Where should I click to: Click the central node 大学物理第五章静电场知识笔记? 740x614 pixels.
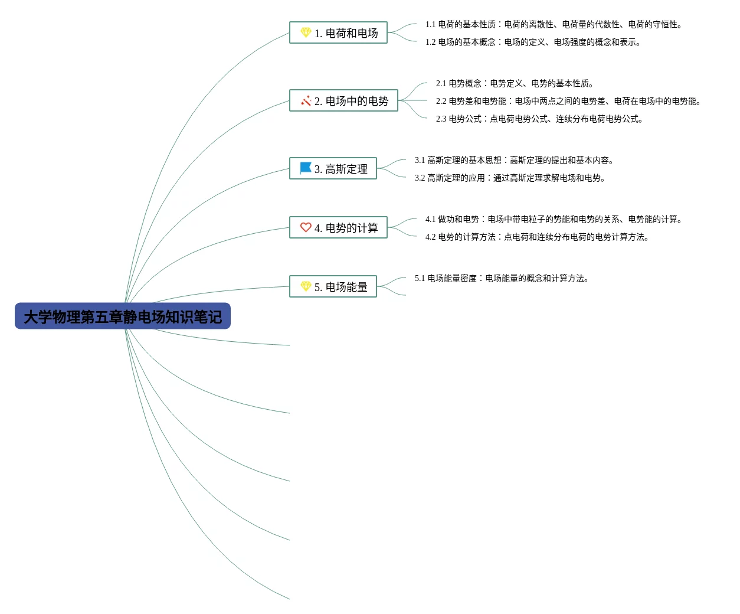pyautogui.click(x=122, y=316)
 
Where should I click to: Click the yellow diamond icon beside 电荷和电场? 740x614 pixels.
pyautogui.click(x=306, y=32)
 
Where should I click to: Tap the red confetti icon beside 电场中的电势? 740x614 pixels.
pyautogui.click(x=306, y=100)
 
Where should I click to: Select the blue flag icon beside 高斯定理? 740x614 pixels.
pyautogui.click(x=306, y=168)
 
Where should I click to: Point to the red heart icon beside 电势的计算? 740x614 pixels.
pyautogui.click(x=306, y=227)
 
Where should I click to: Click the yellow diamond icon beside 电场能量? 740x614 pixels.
pyautogui.click(x=306, y=286)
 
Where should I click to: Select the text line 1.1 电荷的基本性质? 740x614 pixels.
pyautogui.click(x=554, y=25)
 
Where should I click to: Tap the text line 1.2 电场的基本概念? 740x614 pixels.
pyautogui.click(x=533, y=43)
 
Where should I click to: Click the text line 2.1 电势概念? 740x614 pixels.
pyautogui.click(x=515, y=84)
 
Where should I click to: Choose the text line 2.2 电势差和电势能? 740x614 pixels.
pyautogui.click(x=568, y=102)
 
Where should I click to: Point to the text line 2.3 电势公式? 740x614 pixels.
pyautogui.click(x=539, y=119)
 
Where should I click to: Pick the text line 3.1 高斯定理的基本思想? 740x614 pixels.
pyautogui.click(x=515, y=161)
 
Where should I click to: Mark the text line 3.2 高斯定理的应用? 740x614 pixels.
pyautogui.click(x=510, y=178)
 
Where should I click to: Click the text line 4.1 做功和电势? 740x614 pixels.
pyautogui.click(x=554, y=220)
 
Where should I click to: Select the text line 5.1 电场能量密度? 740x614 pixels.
pyautogui.click(x=502, y=279)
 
